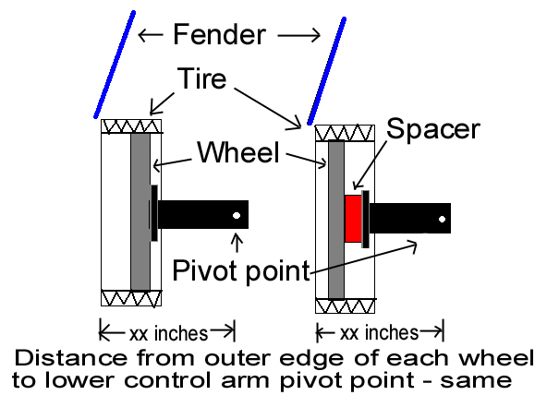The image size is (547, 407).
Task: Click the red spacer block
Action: (353, 219)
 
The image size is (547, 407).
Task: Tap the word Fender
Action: (219, 34)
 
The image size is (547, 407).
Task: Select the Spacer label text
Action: (433, 129)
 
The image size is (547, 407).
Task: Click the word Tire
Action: (201, 78)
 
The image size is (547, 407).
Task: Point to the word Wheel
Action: (238, 152)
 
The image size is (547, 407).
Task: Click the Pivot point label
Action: (241, 270)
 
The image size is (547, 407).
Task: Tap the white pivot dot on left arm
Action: (237, 215)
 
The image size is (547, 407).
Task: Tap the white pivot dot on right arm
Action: (442, 219)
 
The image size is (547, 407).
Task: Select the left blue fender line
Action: (115, 65)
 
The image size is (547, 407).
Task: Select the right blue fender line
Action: (326, 71)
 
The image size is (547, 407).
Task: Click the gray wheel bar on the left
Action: (140, 211)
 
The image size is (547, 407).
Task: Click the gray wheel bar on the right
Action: (336, 220)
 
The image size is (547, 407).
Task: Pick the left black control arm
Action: (203, 214)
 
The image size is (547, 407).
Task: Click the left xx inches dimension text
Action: (168, 333)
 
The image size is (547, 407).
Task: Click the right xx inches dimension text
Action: (379, 333)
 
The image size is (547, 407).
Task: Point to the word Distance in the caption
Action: (71, 358)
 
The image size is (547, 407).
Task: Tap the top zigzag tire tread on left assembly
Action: (131, 126)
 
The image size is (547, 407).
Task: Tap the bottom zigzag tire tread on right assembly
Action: (345, 306)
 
